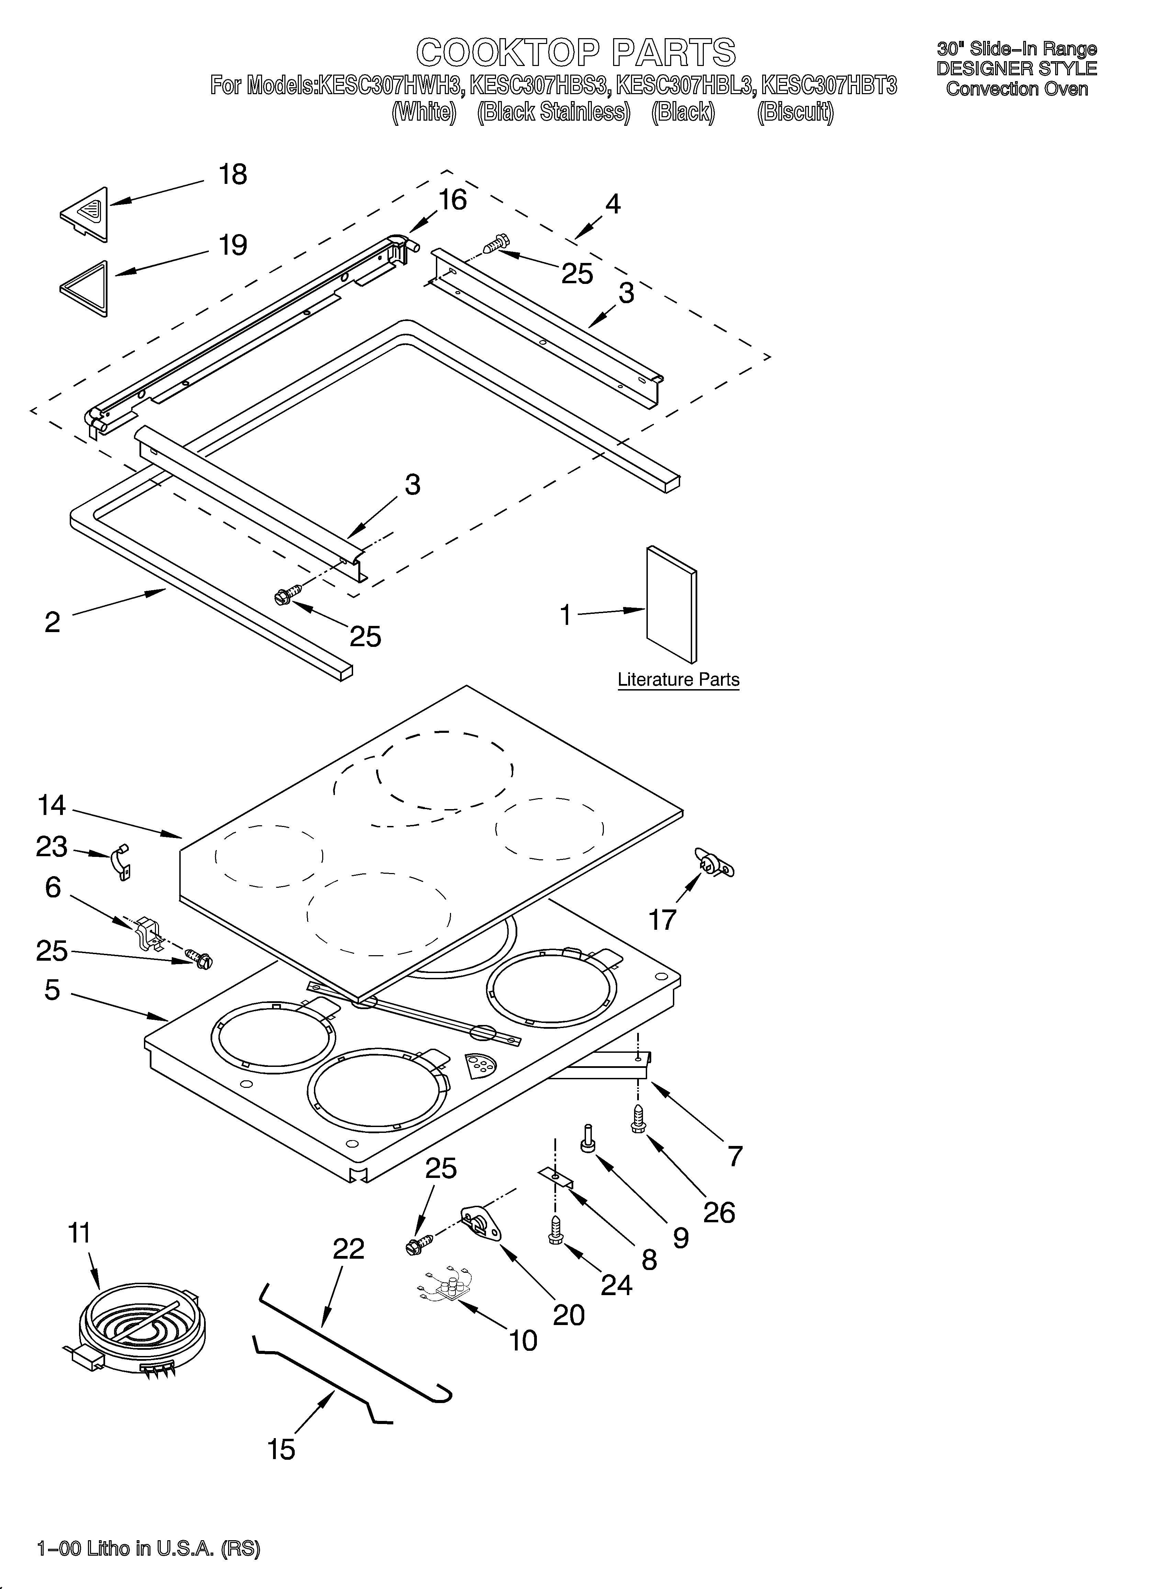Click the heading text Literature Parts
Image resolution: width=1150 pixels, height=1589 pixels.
coord(678,680)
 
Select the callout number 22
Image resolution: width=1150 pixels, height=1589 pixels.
coord(348,1248)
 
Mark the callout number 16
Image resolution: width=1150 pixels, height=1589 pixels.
coord(452,200)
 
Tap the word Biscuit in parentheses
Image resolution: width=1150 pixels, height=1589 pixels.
coord(795,112)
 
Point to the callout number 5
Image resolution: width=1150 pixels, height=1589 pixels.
coord(52,990)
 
